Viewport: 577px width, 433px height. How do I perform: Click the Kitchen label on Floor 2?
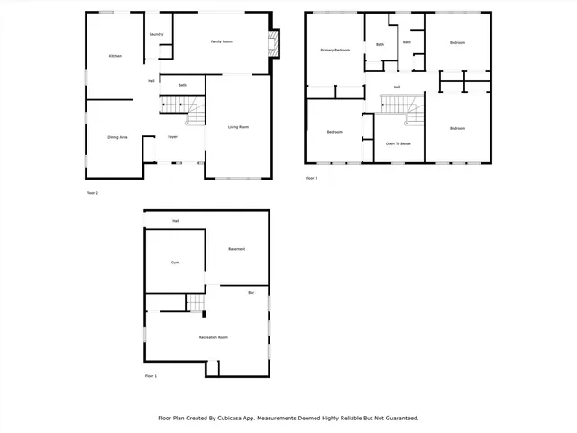pos(115,56)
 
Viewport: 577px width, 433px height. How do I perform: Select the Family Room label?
pos(221,42)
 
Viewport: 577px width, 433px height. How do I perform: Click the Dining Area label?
pos(117,137)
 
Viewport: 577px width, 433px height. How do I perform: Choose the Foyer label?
pos(172,137)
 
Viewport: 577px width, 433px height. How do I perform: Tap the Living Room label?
pos(238,127)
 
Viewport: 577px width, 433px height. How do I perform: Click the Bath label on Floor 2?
pos(182,86)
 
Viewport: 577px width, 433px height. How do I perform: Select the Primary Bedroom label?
pos(335,51)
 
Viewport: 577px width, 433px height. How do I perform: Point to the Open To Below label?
pos(398,143)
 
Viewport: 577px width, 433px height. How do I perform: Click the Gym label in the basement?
pos(175,263)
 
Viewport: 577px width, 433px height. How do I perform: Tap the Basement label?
pos(236,249)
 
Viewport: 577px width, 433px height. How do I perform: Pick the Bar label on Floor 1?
pos(252,293)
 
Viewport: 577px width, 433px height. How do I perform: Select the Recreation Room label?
pos(214,337)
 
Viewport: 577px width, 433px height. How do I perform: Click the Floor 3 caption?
pos(311,178)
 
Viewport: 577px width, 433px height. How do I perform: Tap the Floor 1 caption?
pos(151,375)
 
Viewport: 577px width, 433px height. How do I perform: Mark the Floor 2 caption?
pos(92,193)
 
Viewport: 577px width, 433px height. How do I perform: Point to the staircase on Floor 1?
pos(196,303)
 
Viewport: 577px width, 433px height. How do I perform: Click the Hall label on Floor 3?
pos(397,88)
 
